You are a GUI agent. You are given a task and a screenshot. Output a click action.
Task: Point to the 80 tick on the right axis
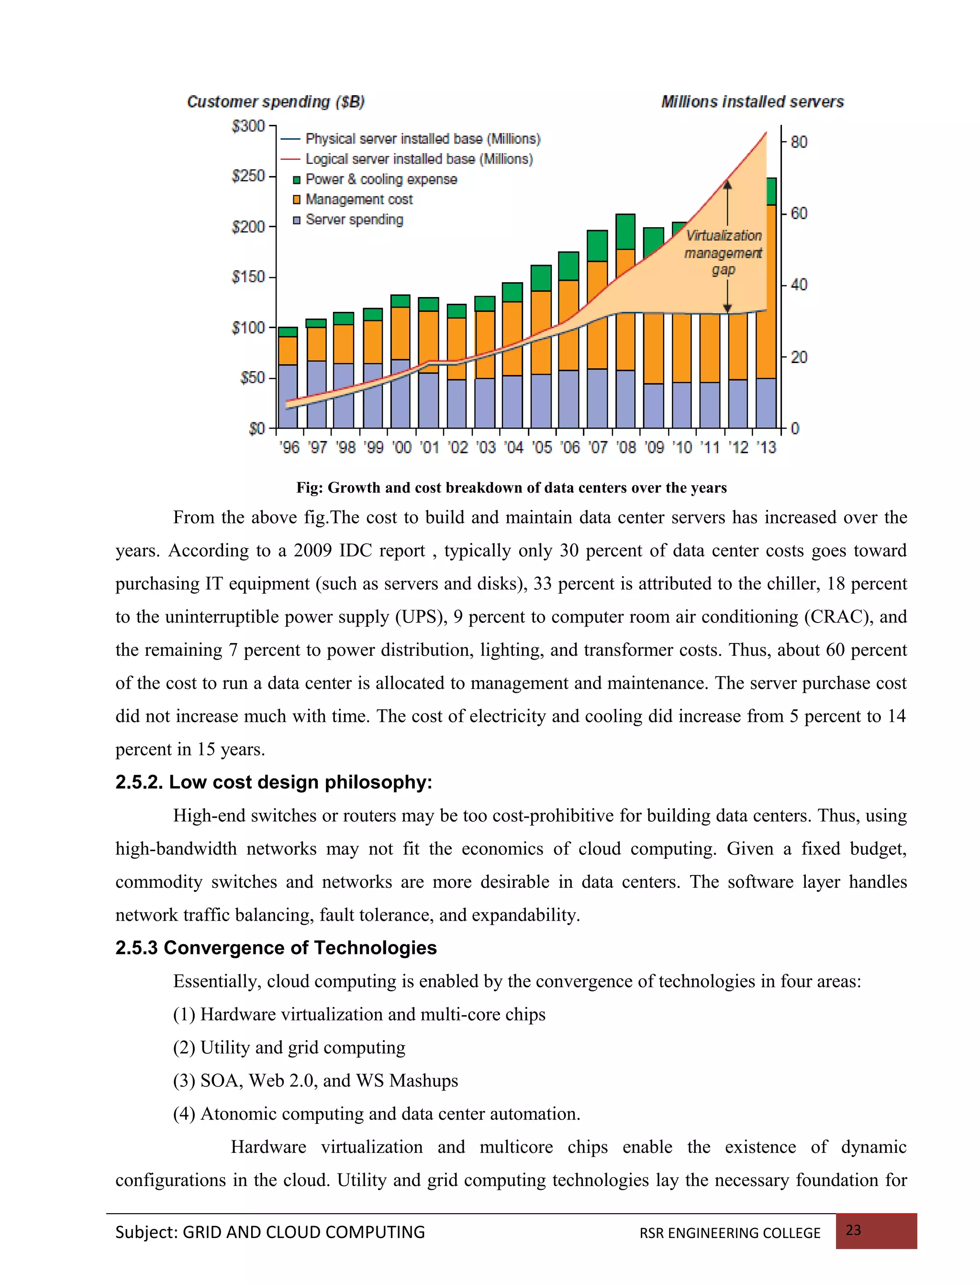pos(799,142)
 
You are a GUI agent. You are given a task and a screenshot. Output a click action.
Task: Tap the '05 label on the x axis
pos(542,447)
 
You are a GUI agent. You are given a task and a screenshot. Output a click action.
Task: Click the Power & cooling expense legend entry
pos(380,179)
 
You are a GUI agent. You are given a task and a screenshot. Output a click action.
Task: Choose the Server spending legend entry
pos(354,220)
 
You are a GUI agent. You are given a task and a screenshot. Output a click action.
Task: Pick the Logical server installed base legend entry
pos(418,159)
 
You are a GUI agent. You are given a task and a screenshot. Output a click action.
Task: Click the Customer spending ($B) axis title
pos(275,102)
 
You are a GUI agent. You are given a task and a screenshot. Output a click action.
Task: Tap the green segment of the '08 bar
pos(625,232)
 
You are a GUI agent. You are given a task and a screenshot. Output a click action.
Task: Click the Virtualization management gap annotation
pos(724,253)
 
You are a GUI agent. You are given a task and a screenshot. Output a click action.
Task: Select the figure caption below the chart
pos(511,487)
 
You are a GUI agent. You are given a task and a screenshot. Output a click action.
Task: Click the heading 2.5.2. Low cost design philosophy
pos(274,782)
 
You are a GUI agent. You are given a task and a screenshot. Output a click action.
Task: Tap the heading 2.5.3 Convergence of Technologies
pos(276,948)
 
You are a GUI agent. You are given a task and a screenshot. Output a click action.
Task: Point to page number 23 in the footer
pos(853,1230)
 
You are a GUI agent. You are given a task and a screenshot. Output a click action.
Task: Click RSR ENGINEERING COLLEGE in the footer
pos(730,1233)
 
